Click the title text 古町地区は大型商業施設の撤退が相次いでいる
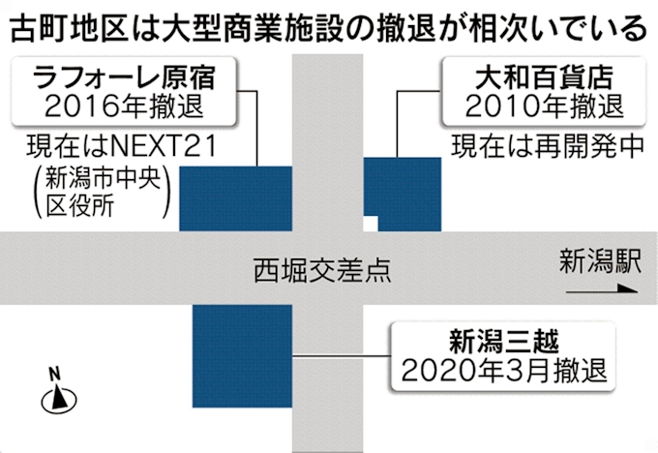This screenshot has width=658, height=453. click(328, 28)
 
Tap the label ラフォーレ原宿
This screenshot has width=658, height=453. click(124, 78)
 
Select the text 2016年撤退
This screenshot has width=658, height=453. click(124, 106)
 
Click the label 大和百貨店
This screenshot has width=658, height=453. click(544, 78)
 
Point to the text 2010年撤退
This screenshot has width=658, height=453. click(544, 106)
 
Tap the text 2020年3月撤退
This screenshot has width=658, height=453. click(504, 370)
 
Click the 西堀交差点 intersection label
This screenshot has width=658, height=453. click(322, 269)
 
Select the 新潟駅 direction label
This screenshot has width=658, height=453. click(600, 261)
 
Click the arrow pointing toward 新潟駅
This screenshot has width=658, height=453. click(602, 288)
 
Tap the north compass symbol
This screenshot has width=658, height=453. click(59, 398)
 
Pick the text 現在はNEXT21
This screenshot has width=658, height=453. click(122, 146)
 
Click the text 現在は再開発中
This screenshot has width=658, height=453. click(548, 146)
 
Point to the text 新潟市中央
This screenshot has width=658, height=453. click(104, 177)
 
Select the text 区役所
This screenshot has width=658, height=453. click(79, 206)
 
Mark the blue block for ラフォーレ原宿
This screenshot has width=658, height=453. click(236, 198)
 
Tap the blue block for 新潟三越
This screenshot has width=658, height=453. click(242, 356)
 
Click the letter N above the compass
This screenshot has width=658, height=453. click(54, 374)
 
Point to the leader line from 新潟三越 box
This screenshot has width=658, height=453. click(342, 356)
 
